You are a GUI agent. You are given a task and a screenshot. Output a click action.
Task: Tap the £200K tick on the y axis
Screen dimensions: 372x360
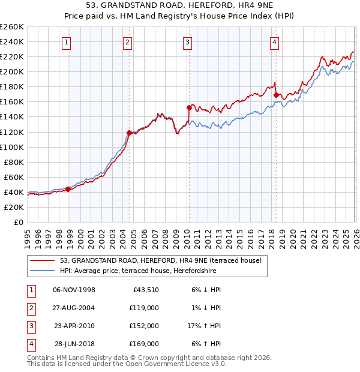point(12,71)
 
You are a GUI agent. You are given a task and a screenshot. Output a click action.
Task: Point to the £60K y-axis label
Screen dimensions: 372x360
point(14,177)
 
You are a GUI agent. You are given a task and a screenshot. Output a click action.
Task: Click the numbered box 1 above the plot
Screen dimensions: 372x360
point(65,42)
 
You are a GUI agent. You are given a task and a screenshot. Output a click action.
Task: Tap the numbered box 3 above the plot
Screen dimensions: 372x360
point(188,42)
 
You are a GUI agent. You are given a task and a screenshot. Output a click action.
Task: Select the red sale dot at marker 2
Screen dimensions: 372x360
point(129,133)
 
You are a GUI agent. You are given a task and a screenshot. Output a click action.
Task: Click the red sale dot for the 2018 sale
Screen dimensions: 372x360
point(275,95)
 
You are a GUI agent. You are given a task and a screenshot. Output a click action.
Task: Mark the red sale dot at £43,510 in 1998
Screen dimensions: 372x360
point(68,189)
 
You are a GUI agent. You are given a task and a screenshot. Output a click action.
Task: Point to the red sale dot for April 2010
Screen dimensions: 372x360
point(188,107)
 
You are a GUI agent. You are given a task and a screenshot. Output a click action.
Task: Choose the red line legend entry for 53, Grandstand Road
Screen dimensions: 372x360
point(160,261)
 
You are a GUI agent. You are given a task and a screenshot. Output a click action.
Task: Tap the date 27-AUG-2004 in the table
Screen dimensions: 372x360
point(74,308)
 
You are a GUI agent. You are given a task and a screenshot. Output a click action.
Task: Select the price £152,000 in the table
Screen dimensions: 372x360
point(144,326)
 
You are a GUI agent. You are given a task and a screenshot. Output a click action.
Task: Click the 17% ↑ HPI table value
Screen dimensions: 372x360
point(203,326)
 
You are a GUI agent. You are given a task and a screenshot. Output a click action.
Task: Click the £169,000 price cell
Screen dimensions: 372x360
point(144,344)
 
